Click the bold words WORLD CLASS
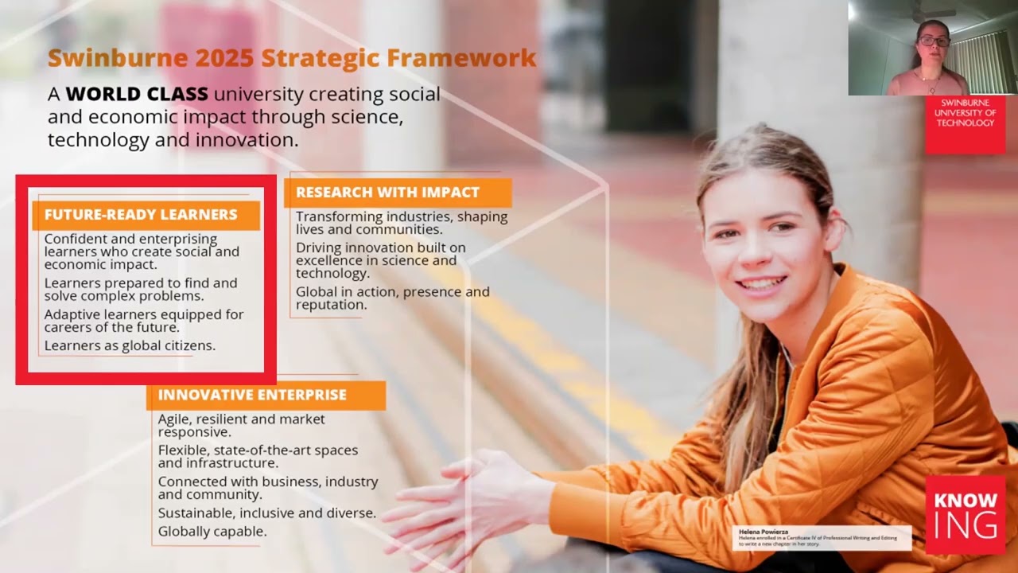point(137,94)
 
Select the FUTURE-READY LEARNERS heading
point(141,215)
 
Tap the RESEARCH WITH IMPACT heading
point(387,193)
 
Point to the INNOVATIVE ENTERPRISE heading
point(252,395)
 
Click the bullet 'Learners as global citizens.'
point(130,345)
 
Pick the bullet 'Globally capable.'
point(212,531)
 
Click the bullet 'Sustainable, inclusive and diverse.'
point(266,513)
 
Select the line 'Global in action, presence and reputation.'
point(392,298)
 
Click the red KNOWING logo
point(965,514)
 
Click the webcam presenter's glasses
point(934,41)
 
